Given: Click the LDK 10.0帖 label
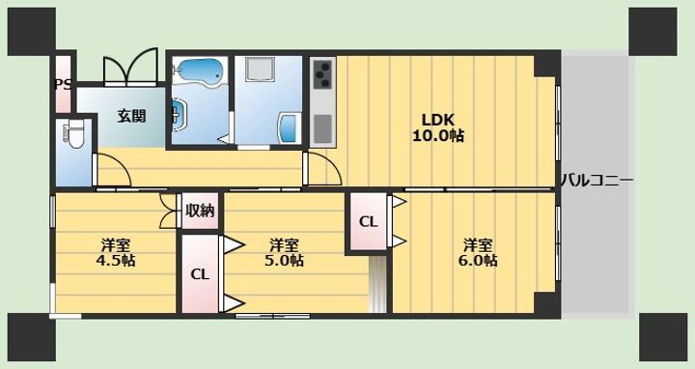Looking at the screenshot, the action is tap(438, 128).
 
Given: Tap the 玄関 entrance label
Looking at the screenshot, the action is tap(132, 116).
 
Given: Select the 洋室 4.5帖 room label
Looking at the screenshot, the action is tap(116, 253).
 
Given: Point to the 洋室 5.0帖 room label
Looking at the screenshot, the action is tap(284, 253).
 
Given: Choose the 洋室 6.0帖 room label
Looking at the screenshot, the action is tap(478, 253).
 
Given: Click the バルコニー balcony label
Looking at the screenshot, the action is tap(598, 181).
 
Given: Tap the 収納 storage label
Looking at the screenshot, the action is tap(200, 211).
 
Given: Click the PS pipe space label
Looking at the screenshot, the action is tap(63, 84).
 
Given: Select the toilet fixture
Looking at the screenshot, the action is tap(73, 135).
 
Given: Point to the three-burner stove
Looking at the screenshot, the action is tap(322, 73).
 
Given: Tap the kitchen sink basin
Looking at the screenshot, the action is tap(322, 129).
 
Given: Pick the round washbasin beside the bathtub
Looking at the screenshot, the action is tap(180, 115).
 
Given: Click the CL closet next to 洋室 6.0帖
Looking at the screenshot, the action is tap(369, 221).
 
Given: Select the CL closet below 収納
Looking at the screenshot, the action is tap(200, 274).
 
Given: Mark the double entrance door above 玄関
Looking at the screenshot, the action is tap(130, 67).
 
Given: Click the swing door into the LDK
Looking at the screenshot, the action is tap(322, 168).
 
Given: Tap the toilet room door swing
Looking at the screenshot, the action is tap(112, 170).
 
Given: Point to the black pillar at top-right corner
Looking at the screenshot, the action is tap(653, 32).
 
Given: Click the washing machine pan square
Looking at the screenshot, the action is tap(261, 71).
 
